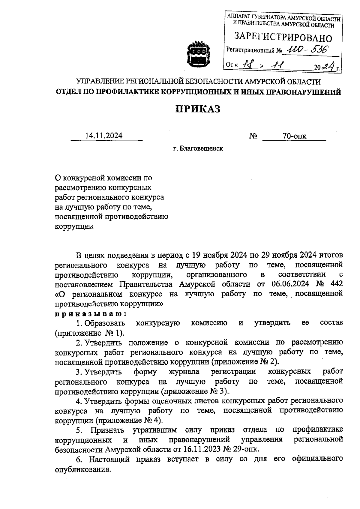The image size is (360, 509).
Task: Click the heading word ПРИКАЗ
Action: tap(198, 109)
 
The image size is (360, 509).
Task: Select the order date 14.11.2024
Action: tap(104, 136)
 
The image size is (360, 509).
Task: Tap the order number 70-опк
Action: tap(294, 136)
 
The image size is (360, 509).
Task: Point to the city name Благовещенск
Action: tap(201, 148)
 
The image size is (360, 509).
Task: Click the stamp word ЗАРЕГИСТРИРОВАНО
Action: tap(283, 38)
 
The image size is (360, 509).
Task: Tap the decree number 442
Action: tap(336, 284)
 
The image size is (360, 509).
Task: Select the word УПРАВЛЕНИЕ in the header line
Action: tap(100, 82)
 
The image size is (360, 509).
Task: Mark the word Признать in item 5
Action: tap(107, 430)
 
